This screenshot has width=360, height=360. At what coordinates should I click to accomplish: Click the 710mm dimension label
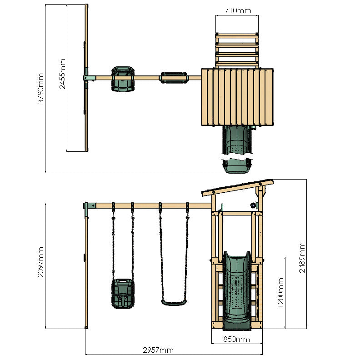point(237,10)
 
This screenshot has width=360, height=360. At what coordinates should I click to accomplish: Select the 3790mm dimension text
point(41,89)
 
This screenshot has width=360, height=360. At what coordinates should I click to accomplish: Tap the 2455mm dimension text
point(63,74)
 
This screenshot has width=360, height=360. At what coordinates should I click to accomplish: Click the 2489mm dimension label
point(302,257)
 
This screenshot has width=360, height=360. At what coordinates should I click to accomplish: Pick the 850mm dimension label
point(236,339)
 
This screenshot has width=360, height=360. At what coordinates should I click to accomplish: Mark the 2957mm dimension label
point(158,350)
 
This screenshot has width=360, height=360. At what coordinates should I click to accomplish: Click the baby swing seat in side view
point(123,294)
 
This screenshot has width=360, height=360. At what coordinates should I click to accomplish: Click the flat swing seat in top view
point(174,78)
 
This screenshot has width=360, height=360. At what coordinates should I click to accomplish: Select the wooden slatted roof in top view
point(238,96)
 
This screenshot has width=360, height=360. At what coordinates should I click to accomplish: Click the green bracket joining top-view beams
point(89,78)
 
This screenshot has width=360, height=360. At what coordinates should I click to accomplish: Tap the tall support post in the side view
point(86,268)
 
